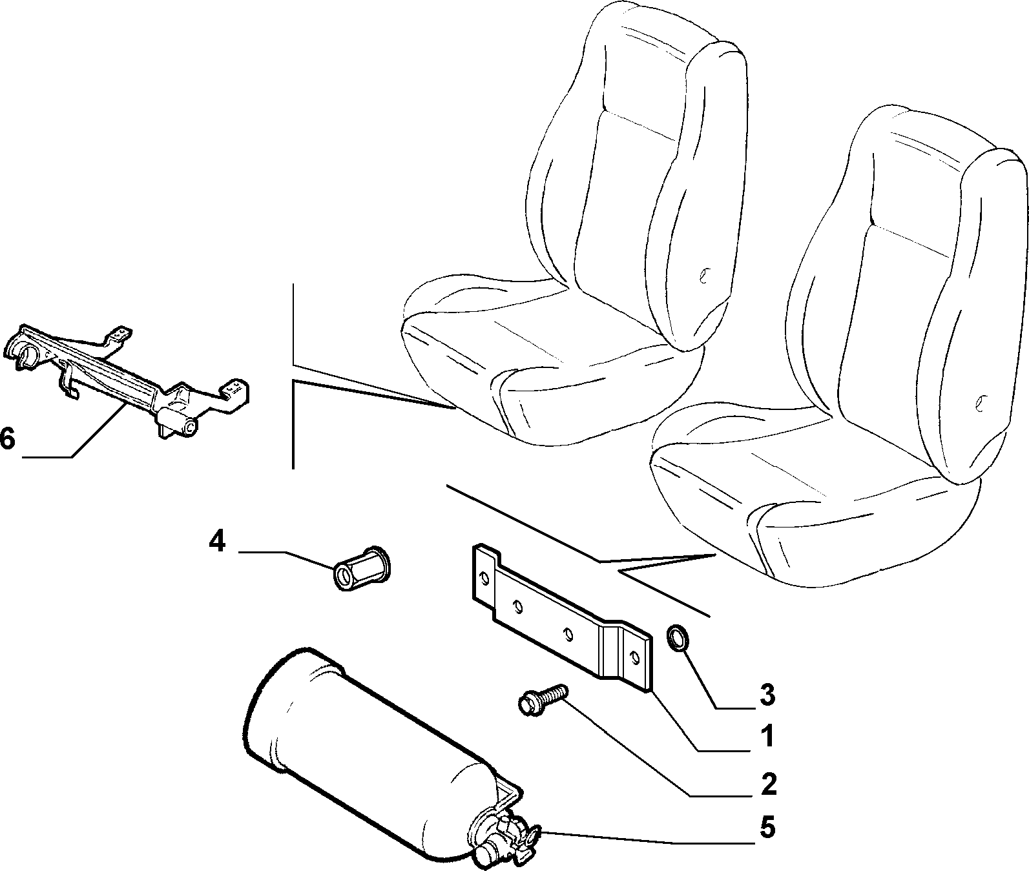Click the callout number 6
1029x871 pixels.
click(x=7, y=439)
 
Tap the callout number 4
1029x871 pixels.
click(x=217, y=541)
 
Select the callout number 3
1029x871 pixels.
click(x=766, y=695)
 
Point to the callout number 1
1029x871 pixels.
click(x=767, y=736)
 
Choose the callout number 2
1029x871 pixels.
click(x=767, y=784)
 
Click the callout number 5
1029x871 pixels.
click(x=767, y=828)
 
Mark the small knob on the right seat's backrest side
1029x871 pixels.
click(x=980, y=402)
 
